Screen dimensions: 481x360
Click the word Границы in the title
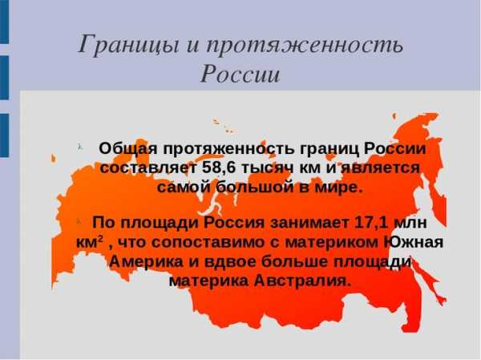coord(128,45)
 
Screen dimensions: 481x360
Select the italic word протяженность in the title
coord(305,45)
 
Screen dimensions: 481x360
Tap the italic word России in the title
coord(240,75)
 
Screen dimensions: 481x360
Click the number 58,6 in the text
coord(220,168)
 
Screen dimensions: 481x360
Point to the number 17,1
coord(372,223)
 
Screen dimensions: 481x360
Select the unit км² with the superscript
coord(89,242)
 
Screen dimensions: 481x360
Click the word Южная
coord(414,242)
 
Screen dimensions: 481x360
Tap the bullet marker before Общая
coord(80,147)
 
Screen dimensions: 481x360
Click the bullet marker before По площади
coord(79,220)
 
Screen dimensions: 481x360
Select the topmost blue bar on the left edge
coord(4,22)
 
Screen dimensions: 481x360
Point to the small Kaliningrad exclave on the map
coord(54,159)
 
